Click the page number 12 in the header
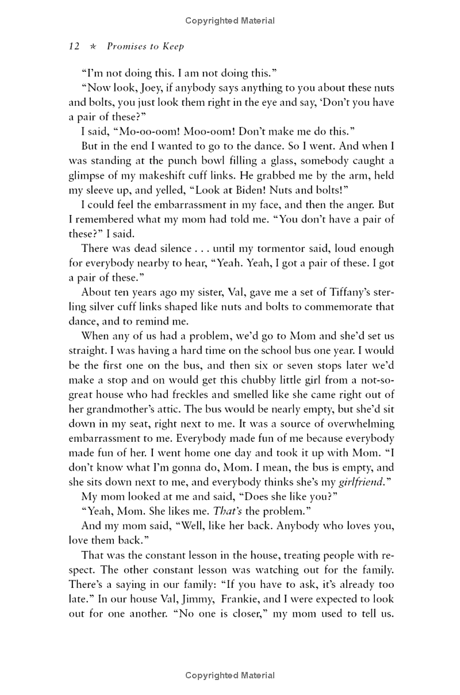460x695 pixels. click(74, 47)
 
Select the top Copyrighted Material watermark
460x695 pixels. click(230, 21)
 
